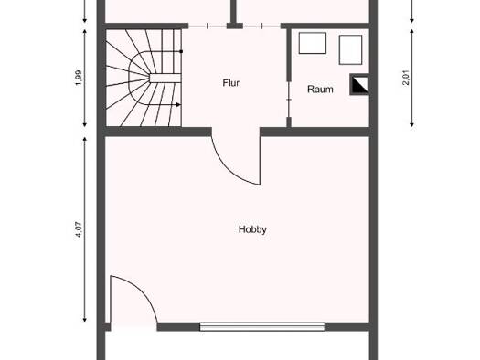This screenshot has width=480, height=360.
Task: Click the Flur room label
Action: (230, 83)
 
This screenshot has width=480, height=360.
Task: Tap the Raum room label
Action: (320, 90)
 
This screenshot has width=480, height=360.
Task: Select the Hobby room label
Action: (252, 229)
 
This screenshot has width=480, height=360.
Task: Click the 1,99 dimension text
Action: (79, 78)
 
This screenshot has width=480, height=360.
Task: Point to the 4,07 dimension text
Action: (79, 229)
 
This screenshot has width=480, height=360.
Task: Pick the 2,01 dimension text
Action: (406, 78)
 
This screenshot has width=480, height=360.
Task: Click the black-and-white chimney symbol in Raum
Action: (359, 84)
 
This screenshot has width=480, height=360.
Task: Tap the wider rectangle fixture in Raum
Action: (313, 43)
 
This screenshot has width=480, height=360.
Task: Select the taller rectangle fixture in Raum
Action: (351, 50)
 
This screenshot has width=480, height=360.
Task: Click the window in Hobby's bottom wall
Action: (262, 327)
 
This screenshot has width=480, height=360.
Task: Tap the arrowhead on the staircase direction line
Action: (178, 105)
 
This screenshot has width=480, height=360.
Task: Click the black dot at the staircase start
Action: (181, 51)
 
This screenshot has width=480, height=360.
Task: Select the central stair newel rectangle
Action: (165, 78)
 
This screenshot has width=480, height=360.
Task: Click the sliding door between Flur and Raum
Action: (289, 100)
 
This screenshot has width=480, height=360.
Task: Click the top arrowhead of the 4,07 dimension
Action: (85, 140)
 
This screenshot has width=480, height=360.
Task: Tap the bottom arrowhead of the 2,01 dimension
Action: (412, 124)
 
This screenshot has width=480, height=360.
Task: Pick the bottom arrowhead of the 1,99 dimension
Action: (85, 124)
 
